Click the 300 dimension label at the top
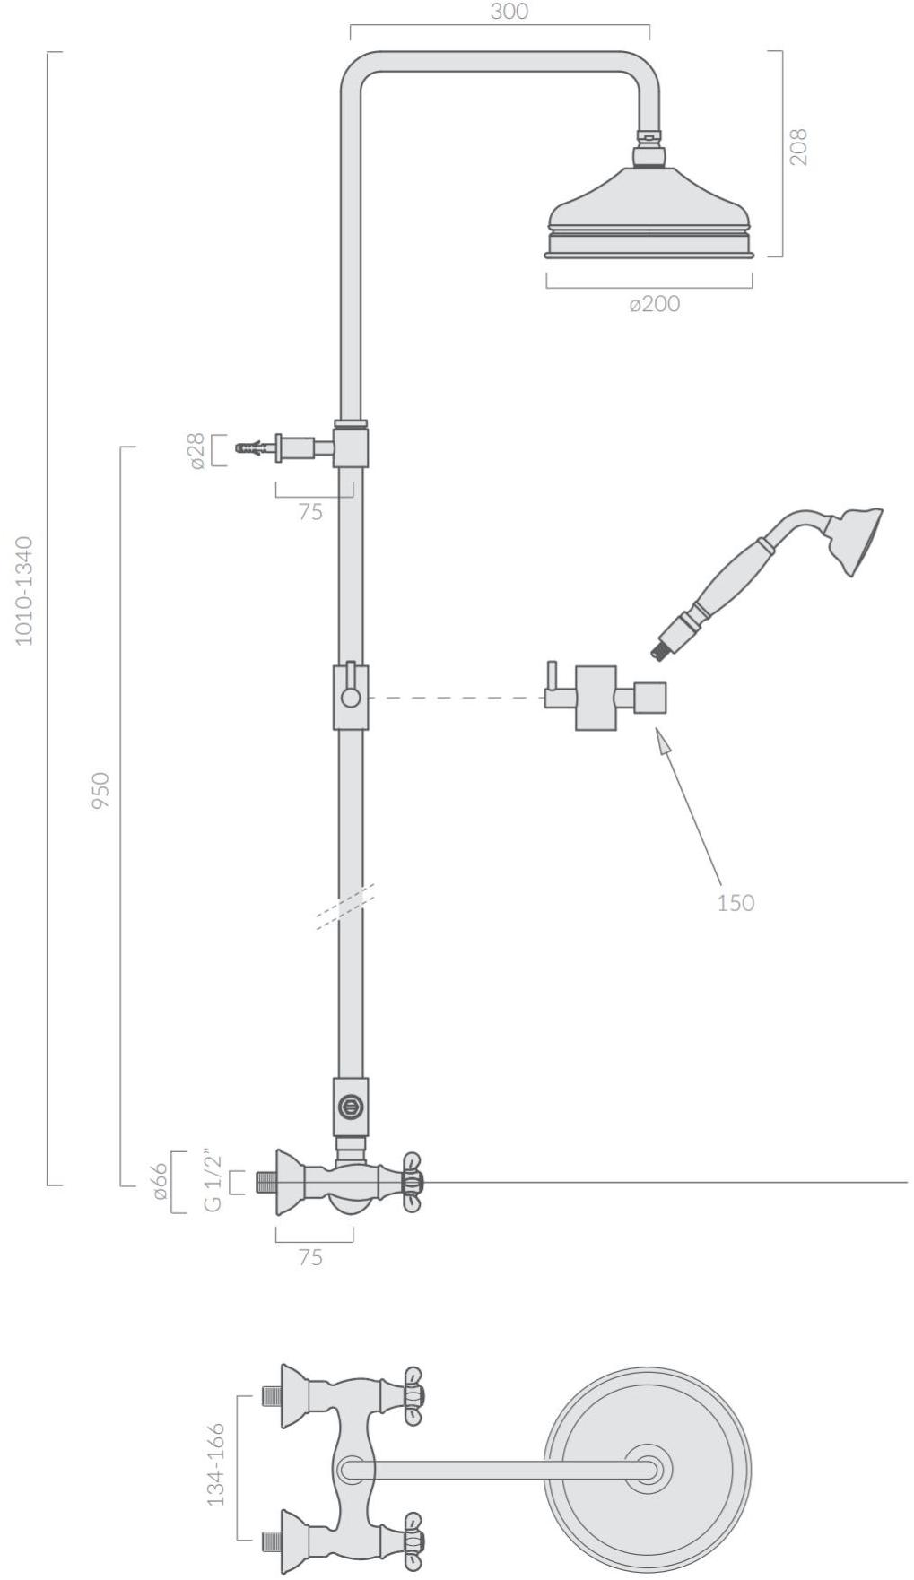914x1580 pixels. click(509, 12)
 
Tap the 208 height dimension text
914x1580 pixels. click(798, 146)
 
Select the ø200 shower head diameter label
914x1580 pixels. click(655, 304)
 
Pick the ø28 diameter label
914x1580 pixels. click(196, 450)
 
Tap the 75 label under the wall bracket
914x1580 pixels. click(310, 513)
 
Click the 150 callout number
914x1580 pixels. click(736, 902)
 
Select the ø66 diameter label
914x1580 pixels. click(159, 1182)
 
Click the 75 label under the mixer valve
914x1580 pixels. click(310, 1258)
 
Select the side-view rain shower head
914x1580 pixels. click(650, 212)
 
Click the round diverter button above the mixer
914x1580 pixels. click(350, 1107)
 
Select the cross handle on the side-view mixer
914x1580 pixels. click(413, 1182)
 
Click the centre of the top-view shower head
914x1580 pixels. click(648, 1469)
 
